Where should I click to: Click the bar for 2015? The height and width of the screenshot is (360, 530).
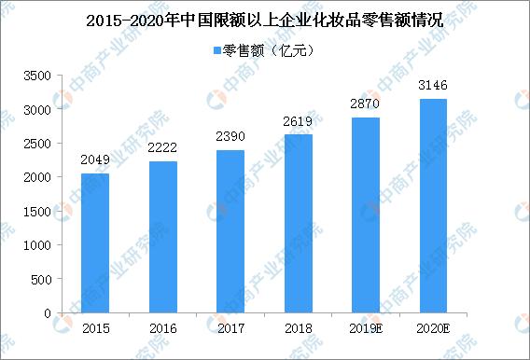point(94,243)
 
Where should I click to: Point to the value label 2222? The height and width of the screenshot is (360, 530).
point(162,149)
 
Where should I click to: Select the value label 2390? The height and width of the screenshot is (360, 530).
point(230,138)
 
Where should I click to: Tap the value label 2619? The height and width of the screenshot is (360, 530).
point(298,122)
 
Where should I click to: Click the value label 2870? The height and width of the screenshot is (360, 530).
point(365,105)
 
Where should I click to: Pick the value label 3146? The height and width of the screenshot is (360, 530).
point(433,87)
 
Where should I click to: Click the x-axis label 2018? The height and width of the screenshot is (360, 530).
point(298,329)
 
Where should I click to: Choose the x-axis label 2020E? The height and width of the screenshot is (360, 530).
point(434,329)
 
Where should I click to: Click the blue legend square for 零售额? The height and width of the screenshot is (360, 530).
point(217,49)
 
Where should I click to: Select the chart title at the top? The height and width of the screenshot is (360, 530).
point(265,19)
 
